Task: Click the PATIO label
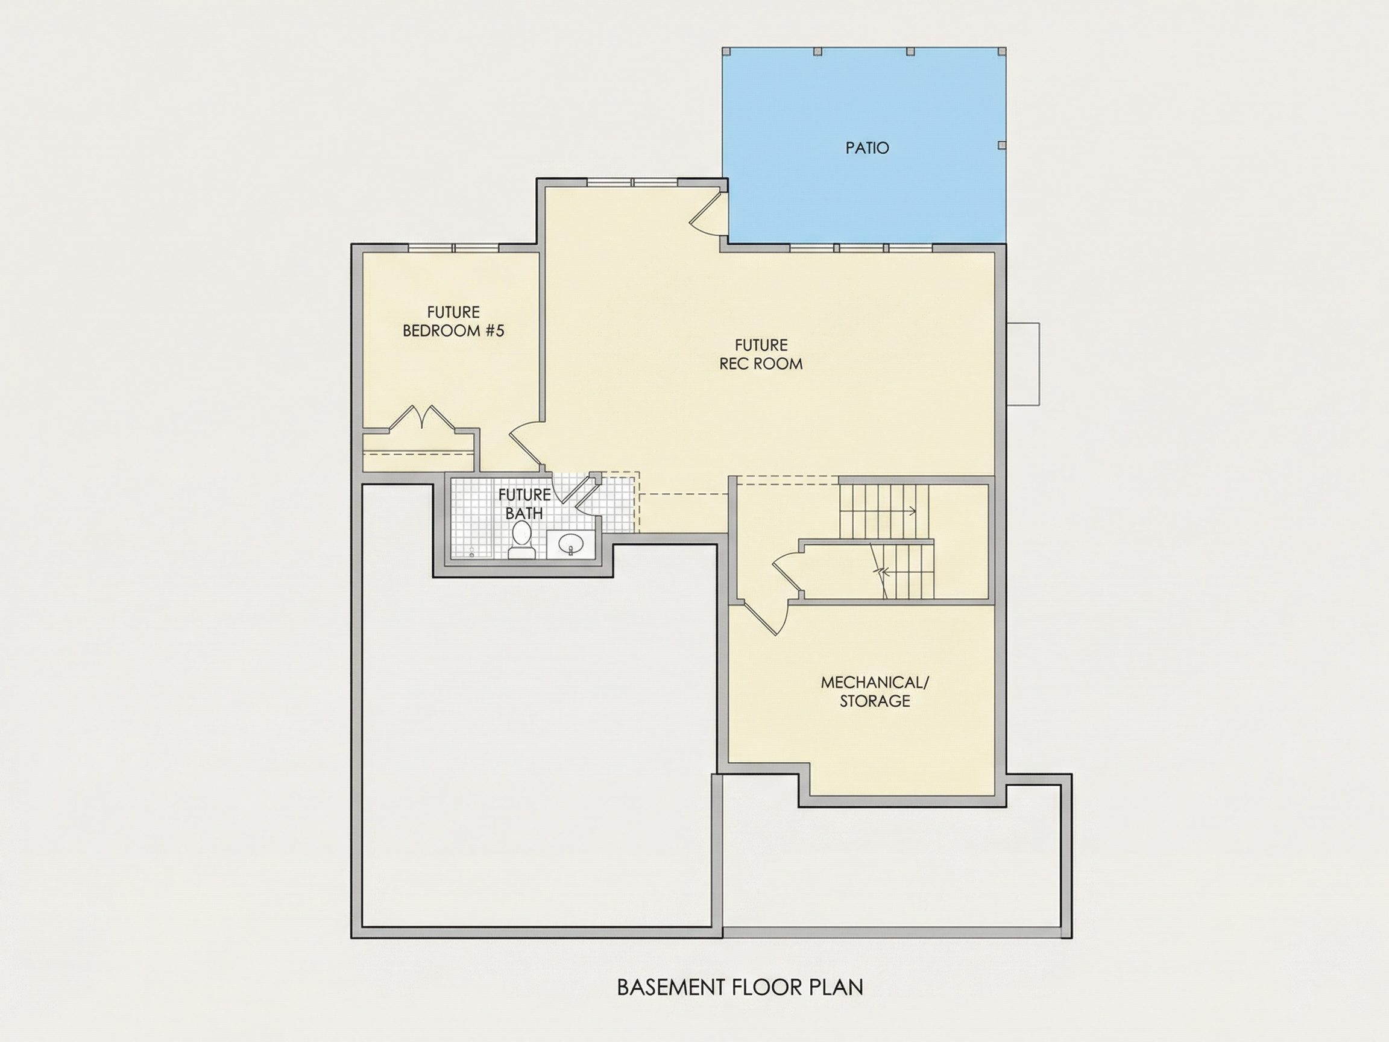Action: pos(867,148)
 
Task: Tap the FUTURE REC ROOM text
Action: pos(761,354)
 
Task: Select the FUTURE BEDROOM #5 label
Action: pos(453,321)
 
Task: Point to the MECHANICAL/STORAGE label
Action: pos(875,692)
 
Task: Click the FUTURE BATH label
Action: pos(524,504)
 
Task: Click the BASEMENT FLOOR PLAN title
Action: pos(740,987)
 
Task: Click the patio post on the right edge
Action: pos(1001,145)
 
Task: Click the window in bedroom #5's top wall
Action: pos(453,248)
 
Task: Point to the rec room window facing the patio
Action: pos(861,248)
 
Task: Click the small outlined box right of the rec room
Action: pos(1023,364)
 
